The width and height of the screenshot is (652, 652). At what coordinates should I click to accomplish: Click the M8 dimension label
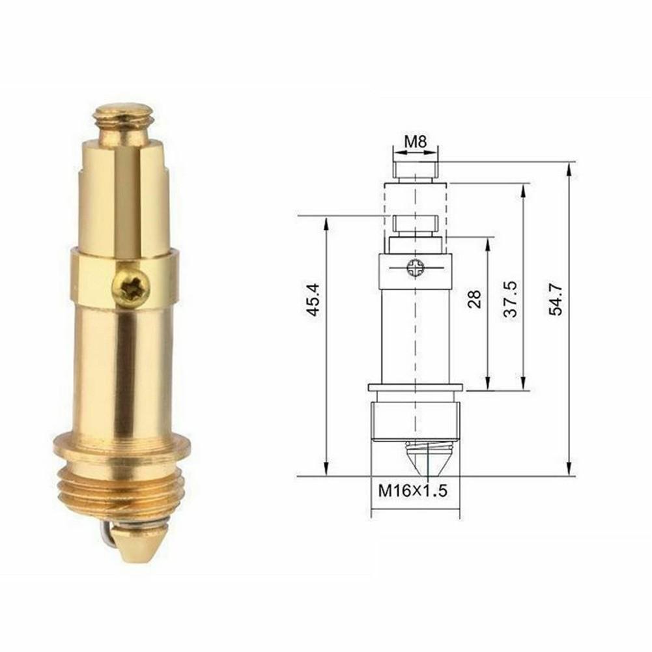coord(414,141)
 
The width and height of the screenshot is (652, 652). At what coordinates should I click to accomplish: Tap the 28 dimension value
coord(474,298)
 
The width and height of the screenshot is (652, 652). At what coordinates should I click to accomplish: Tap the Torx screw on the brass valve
coord(130,286)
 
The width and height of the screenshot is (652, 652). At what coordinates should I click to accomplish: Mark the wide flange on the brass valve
coord(122,449)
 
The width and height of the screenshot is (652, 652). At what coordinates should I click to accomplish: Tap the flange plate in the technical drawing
coord(415,388)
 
